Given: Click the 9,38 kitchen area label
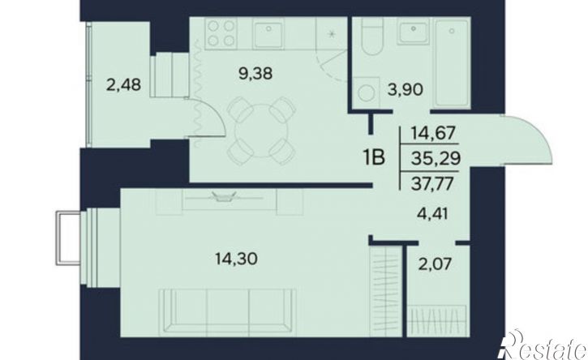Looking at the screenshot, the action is pos(255,74).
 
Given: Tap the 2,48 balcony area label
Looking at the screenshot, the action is pos(124,85).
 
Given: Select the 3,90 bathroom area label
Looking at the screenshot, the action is pos(406,89).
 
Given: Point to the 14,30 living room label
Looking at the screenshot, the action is pos(236,259).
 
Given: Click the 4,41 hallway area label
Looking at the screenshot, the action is pos(433,214).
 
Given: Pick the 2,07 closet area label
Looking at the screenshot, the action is pos(435,264).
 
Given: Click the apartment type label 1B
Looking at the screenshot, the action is pos(374,157).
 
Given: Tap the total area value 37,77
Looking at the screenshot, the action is pos(433,184).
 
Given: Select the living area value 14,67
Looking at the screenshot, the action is pos(434,133).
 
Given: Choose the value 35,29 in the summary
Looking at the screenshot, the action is pos(436,159).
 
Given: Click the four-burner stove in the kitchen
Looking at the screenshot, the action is pos(221,32).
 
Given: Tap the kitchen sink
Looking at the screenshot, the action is pos(268,33).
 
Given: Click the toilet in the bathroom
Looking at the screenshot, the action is pos(372,36).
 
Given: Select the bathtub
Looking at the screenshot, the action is pos(452,63).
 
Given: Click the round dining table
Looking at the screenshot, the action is pos(262,131).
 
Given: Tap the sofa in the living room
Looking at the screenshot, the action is pos(228,312).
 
